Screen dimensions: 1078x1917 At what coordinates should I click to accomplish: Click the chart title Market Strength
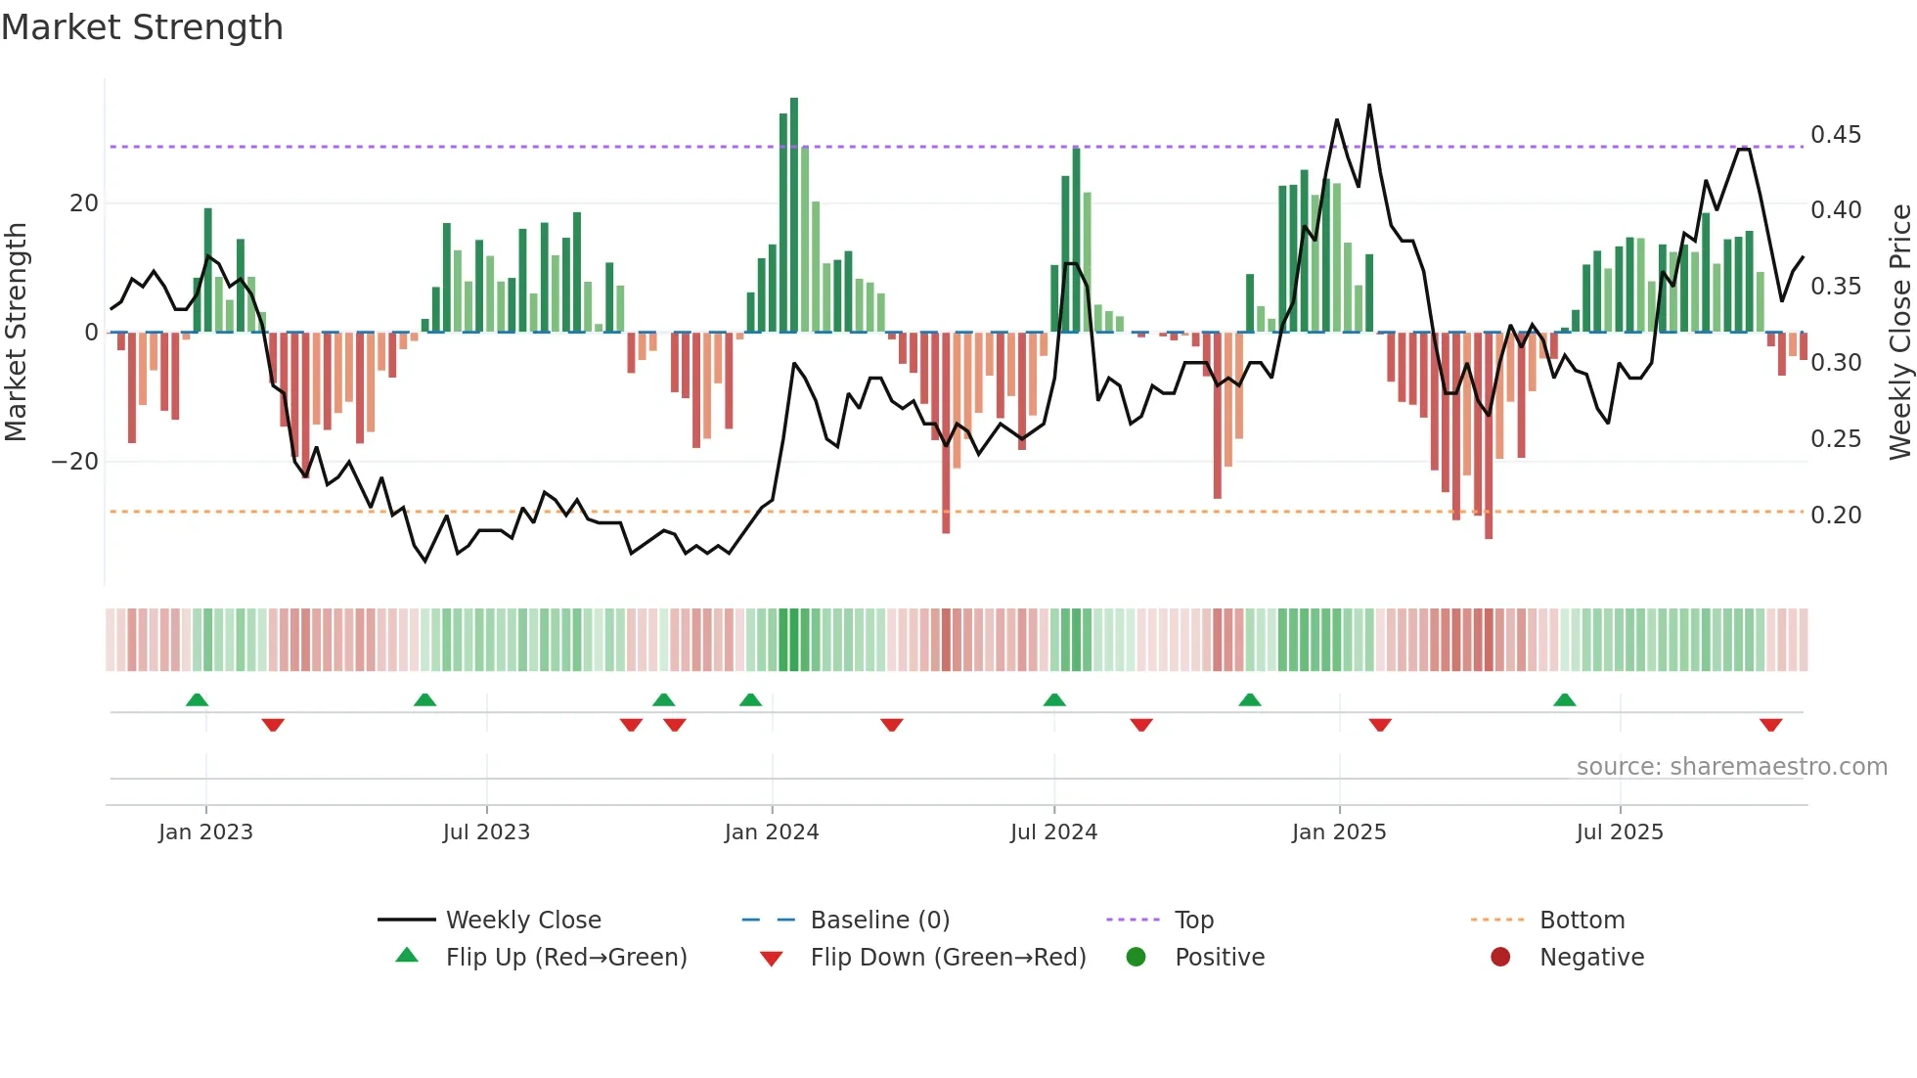[142, 27]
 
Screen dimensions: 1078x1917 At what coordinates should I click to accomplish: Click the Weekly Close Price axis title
[1899, 332]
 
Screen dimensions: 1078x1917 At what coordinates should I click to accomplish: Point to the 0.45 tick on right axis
[1835, 135]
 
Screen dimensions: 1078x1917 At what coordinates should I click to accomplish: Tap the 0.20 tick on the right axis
[1835, 516]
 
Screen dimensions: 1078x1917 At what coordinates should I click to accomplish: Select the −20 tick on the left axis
[75, 462]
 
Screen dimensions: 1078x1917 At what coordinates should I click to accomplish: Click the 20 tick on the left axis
[84, 203]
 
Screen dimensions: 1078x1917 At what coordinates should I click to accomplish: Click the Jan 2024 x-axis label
[771, 832]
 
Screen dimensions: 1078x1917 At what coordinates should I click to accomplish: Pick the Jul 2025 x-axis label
[1619, 832]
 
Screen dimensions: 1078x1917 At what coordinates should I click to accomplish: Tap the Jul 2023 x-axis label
[486, 832]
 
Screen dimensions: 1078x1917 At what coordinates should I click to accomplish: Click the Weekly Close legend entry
[522, 921]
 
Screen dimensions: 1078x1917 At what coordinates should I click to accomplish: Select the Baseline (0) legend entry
[879, 921]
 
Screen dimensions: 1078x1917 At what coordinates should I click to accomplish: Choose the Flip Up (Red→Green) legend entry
[565, 958]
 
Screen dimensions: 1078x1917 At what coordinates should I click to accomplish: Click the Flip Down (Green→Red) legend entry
[947, 958]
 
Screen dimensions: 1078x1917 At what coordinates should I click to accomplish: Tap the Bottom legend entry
[1581, 921]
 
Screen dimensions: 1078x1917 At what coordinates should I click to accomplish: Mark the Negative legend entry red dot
[1499, 958]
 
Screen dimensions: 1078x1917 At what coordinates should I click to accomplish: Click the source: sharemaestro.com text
[1731, 767]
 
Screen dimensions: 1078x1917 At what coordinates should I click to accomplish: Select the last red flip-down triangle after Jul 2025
[1770, 725]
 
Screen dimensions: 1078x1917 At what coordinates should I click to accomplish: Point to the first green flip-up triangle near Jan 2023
[197, 699]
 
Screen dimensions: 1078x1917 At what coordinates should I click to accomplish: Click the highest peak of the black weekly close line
[1369, 106]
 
